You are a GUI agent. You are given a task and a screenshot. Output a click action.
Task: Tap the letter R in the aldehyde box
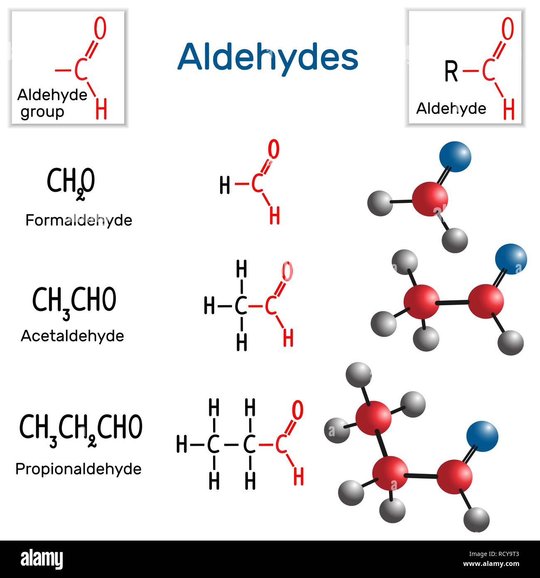tap(451, 71)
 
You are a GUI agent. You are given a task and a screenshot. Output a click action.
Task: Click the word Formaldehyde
tap(79, 220)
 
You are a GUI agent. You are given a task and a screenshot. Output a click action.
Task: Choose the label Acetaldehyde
tap(72, 336)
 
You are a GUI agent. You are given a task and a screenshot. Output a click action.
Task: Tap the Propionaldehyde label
tap(78, 469)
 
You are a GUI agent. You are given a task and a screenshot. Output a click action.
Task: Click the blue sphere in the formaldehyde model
tap(455, 157)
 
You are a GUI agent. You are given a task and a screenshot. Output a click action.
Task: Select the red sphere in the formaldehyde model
tap(430, 199)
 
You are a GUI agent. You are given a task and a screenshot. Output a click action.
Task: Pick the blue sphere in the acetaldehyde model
tap(511, 259)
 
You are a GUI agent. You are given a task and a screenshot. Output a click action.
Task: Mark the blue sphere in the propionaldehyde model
tap(482, 436)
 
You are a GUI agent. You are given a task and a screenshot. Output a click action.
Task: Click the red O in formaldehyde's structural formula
tap(273, 149)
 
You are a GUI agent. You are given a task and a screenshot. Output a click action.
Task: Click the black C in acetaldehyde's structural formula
tap(241, 306)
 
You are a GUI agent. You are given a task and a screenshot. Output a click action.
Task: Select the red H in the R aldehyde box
tap(508, 109)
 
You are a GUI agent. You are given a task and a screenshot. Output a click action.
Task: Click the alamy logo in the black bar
tap(42, 559)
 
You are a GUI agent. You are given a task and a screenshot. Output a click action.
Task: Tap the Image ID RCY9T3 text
tap(494, 554)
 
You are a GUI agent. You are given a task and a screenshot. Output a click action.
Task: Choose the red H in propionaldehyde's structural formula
tap(299, 476)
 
